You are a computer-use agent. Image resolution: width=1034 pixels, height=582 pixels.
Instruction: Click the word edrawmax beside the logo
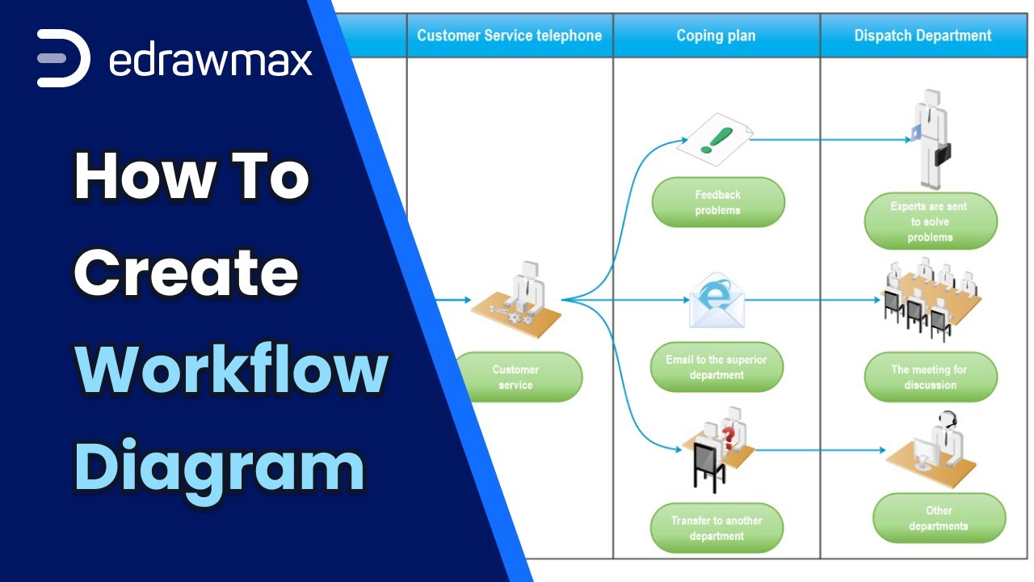pyautogui.click(x=210, y=60)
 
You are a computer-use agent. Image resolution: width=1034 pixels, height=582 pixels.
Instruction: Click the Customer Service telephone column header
pyautogui.click(x=509, y=36)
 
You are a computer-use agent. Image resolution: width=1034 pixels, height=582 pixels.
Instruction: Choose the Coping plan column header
pyautogui.click(x=716, y=36)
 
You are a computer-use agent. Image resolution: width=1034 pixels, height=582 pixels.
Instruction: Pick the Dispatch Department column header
pyautogui.click(x=923, y=36)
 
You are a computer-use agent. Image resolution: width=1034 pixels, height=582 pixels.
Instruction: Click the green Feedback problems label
pyautogui.click(x=717, y=202)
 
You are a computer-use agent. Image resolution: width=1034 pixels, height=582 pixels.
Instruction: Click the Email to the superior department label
pyautogui.click(x=717, y=367)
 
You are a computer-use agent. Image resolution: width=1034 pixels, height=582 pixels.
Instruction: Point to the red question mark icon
pyautogui.click(x=729, y=437)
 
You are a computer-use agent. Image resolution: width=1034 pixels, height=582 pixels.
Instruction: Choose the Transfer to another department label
pyautogui.click(x=717, y=528)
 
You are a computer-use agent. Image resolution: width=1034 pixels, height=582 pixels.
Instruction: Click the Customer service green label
pyautogui.click(x=515, y=377)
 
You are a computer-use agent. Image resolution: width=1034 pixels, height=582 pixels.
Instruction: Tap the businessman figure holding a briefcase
pyautogui.click(x=931, y=137)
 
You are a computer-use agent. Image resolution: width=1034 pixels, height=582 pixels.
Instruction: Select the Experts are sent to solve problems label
pyautogui.click(x=930, y=221)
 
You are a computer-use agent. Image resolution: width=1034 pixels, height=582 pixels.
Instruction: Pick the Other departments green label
pyautogui.click(x=938, y=518)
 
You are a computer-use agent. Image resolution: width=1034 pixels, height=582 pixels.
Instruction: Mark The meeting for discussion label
pyautogui.click(x=930, y=377)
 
